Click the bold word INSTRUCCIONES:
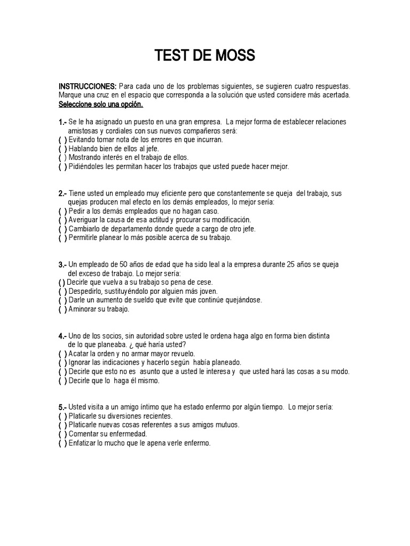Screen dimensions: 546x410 pos(88,86)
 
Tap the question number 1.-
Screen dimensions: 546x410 pos(63,123)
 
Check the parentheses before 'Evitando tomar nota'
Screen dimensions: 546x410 pos(62,140)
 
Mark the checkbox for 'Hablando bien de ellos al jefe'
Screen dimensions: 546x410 pos(62,149)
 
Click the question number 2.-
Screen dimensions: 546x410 pos(63,194)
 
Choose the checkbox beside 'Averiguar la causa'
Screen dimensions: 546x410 pos(62,220)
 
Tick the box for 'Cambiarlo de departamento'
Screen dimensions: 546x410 pos(62,229)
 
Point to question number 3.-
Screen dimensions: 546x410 pos(63,264)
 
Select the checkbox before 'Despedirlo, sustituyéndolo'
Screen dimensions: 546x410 pos(62,291)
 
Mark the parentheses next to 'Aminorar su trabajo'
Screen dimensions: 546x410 pos(62,309)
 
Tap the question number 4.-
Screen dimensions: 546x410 pos(63,336)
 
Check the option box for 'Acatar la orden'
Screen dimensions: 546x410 pos(62,354)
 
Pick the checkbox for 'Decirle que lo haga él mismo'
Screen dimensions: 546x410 pos(62,381)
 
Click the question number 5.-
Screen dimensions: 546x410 pos(63,407)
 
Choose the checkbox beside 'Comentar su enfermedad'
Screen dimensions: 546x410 pos(62,433)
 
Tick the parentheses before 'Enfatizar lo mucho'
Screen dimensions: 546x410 pos(62,443)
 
